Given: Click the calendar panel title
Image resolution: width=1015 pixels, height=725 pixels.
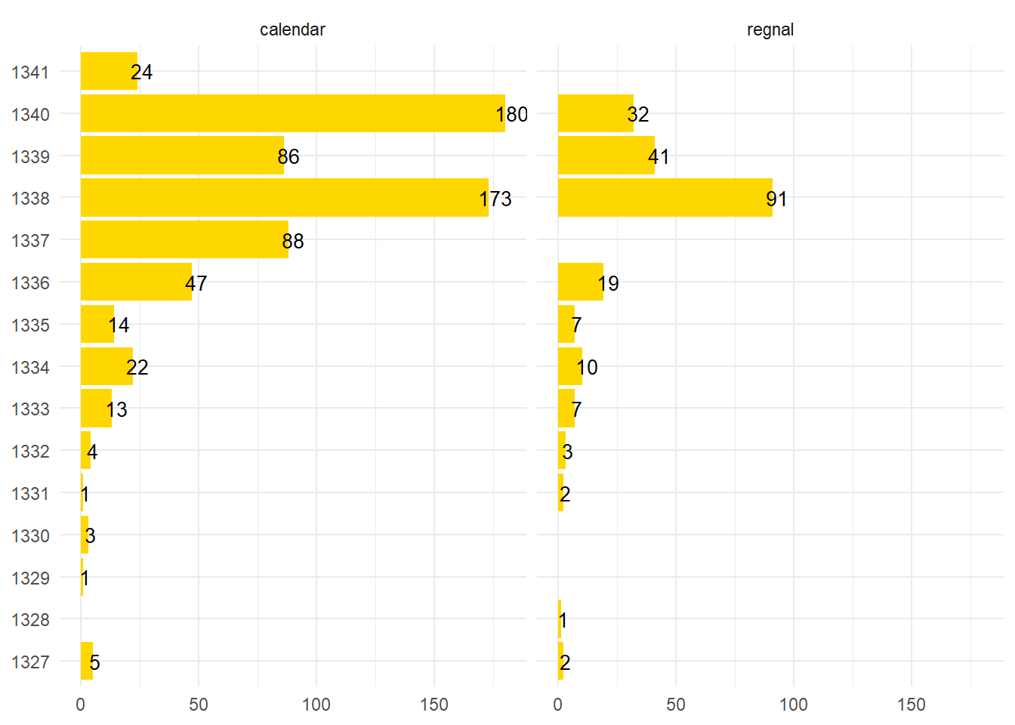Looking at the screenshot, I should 292,29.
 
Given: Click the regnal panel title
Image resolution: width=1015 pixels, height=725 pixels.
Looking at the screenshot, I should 770,29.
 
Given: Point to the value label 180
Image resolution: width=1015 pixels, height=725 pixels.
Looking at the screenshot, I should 512,115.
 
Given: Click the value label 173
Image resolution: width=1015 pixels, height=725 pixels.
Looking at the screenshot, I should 495,199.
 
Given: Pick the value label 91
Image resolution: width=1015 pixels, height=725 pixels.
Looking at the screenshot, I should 776,199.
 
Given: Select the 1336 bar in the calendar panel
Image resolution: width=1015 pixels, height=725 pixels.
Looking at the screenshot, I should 136,282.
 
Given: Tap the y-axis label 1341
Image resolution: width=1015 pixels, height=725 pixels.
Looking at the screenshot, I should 30,72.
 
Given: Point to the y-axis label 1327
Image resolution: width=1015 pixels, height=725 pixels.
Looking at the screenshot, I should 30,662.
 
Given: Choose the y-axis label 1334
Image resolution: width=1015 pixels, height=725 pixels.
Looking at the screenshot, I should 30,368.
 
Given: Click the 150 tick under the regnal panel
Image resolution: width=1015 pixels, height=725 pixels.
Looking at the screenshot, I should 911,705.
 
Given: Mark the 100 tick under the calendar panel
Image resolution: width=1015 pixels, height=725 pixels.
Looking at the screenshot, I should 316,705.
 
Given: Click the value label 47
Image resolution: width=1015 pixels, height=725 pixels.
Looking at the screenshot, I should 196,283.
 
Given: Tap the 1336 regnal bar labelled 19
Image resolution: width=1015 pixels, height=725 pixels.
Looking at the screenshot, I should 580,282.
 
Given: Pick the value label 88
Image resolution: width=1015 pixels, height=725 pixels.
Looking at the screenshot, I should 293,241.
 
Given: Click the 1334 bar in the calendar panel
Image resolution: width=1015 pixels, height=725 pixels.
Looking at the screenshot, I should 106,366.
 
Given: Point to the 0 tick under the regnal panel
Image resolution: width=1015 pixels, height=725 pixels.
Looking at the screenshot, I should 558,705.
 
